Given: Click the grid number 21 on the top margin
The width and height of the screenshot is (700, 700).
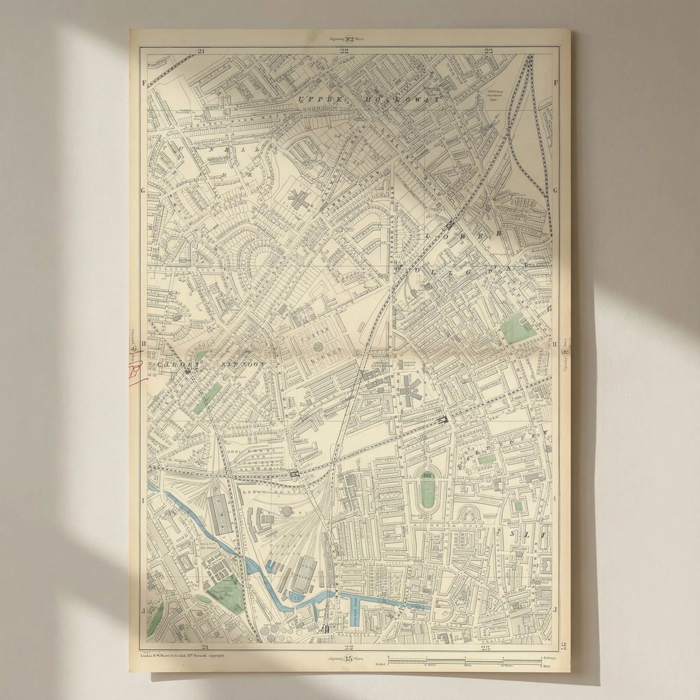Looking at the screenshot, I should tap(201, 50).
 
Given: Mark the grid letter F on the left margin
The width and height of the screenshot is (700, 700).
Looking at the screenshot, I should tap(143, 82).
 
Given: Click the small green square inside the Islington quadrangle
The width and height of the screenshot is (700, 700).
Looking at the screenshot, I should tap(519, 506).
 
